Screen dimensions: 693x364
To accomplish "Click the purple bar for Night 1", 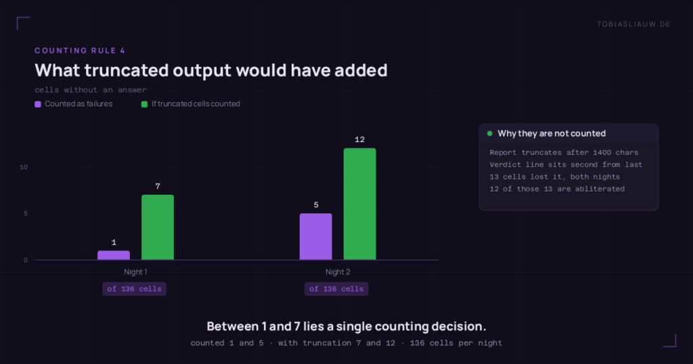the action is point(114,255).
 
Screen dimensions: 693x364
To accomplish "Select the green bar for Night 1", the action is point(157,227).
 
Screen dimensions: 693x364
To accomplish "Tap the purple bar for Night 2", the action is point(315,237).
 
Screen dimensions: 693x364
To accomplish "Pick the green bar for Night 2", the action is point(360,204).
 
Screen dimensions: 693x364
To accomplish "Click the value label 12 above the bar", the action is point(360,139).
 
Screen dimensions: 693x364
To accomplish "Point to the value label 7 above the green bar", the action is point(158,187).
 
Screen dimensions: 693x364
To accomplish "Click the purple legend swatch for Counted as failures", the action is point(38,104).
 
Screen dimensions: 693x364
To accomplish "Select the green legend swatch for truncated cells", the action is point(144,104).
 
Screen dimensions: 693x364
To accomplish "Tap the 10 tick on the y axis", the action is point(24,167).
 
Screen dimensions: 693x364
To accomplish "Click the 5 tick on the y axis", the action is point(26,213).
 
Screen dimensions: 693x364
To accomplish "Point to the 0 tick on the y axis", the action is point(26,260).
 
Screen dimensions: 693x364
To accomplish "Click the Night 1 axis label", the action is point(135,272).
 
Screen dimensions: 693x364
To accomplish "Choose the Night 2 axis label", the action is point(338,272).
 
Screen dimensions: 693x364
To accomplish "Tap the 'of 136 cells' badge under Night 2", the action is point(336,289).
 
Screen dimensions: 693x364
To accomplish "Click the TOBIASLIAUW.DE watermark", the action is point(633,24).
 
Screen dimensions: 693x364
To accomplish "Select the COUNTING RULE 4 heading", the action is point(80,51).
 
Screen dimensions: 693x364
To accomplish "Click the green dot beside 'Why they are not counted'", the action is point(490,133).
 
